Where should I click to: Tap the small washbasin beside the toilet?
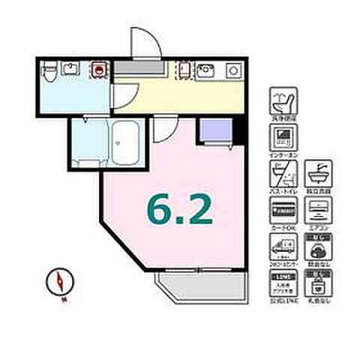[x=71, y=70]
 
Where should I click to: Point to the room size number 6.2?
[x=181, y=209]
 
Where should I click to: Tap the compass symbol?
[x=58, y=283]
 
